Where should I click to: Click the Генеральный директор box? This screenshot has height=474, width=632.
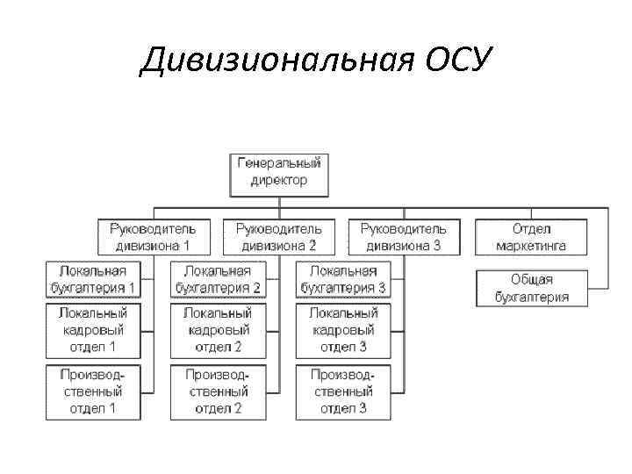[x=280, y=172]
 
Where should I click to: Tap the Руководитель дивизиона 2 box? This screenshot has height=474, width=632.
[x=280, y=237]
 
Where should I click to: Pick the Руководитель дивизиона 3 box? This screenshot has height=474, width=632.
[x=405, y=237]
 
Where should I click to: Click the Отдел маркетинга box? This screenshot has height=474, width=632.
[x=530, y=237]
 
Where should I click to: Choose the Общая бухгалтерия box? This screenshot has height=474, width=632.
[x=530, y=288]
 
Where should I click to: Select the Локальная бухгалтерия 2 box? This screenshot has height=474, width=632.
[x=218, y=280]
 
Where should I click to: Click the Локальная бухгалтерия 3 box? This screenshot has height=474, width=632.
[x=342, y=280]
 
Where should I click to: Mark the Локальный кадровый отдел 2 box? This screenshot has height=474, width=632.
[x=218, y=330]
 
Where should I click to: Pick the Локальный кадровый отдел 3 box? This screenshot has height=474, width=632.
[x=342, y=330]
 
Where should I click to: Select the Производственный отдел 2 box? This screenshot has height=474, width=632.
[x=218, y=391]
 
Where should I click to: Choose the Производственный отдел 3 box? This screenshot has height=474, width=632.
[x=342, y=391]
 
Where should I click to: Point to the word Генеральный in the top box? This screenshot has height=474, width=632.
[x=280, y=163]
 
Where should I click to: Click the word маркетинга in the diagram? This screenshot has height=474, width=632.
[x=530, y=246]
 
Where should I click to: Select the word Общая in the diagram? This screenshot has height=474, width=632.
[x=531, y=280]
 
